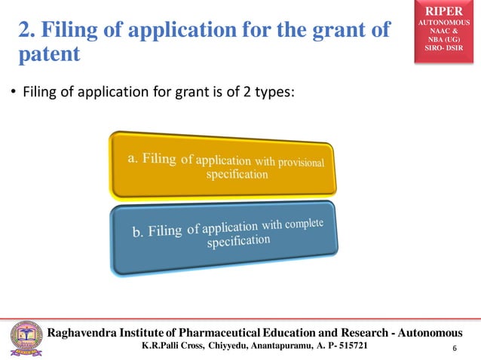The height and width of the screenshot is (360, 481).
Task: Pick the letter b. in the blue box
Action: coord(138,233)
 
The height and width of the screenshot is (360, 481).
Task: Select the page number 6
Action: coord(455,349)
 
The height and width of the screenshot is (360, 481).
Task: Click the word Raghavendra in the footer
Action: coord(84,333)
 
